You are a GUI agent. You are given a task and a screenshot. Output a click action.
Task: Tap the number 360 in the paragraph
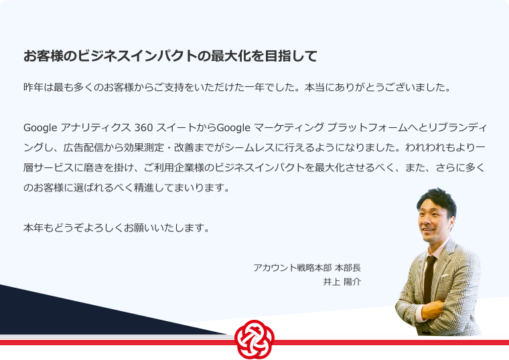(x=143, y=128)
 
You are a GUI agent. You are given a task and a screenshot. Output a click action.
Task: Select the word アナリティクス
(x=95, y=128)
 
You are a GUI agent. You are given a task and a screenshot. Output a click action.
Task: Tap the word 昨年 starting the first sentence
(x=33, y=87)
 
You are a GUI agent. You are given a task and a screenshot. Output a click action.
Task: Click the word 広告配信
(x=84, y=148)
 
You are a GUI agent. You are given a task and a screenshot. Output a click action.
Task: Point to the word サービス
(x=54, y=168)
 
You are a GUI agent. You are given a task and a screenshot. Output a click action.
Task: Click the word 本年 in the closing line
(x=33, y=228)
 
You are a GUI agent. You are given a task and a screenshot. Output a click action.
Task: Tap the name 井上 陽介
(x=342, y=282)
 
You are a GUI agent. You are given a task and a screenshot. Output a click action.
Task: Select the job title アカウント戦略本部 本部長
(x=307, y=268)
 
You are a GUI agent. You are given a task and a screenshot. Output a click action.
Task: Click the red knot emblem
(x=254, y=339)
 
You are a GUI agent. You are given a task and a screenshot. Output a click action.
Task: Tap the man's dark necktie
(x=429, y=279)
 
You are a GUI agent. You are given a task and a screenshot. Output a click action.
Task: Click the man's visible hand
(x=432, y=310)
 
